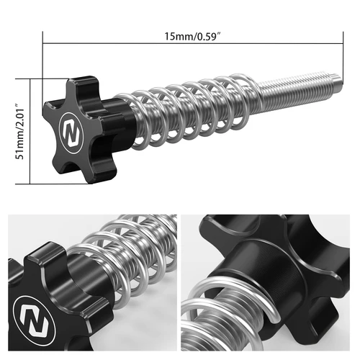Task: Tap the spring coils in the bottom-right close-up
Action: click(x=216, y=317)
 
